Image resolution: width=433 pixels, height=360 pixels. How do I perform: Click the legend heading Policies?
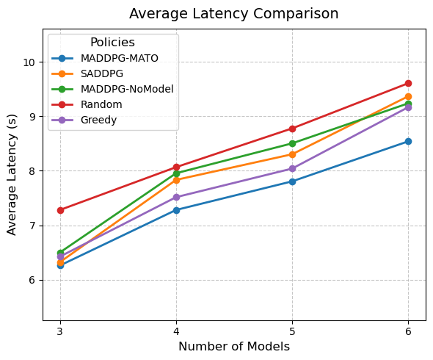pyautogui.click(x=112, y=43)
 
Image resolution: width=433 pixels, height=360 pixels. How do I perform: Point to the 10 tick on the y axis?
pyautogui.click(x=30, y=62)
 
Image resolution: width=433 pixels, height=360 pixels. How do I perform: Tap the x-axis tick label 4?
pyautogui.click(x=176, y=331)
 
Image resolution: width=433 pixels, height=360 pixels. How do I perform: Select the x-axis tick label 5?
pyautogui.click(x=292, y=331)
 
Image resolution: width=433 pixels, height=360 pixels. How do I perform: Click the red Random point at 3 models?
pyautogui.click(x=60, y=210)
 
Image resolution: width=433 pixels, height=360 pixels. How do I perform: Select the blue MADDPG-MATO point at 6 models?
pyautogui.click(x=408, y=141)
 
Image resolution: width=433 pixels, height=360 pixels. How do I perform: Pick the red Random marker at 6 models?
pyautogui.click(x=408, y=83)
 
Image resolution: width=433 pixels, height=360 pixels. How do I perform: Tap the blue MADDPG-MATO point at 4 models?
pyautogui.click(x=176, y=210)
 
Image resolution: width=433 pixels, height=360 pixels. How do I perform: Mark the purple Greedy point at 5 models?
pyautogui.click(x=292, y=168)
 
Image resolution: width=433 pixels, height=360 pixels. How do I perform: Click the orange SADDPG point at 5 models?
pyautogui.click(x=292, y=154)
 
